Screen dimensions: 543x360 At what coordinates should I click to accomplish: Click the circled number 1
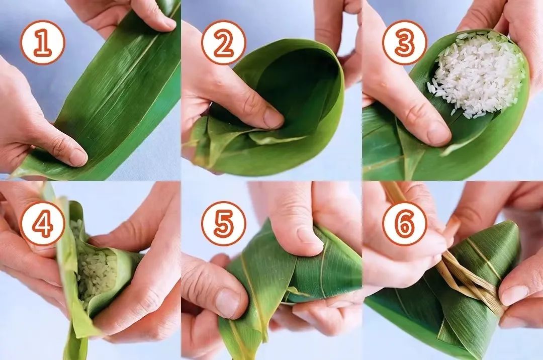(x=43, y=43)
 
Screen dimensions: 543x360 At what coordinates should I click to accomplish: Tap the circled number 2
(x=224, y=43)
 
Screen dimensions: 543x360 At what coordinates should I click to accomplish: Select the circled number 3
(x=405, y=43)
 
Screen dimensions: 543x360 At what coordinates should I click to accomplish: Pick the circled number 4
(x=43, y=224)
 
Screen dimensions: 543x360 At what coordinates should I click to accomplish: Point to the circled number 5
(x=224, y=224)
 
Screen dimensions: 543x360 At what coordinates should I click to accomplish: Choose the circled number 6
(x=405, y=224)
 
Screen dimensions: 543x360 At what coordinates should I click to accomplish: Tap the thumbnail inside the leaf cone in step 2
(x=273, y=118)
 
